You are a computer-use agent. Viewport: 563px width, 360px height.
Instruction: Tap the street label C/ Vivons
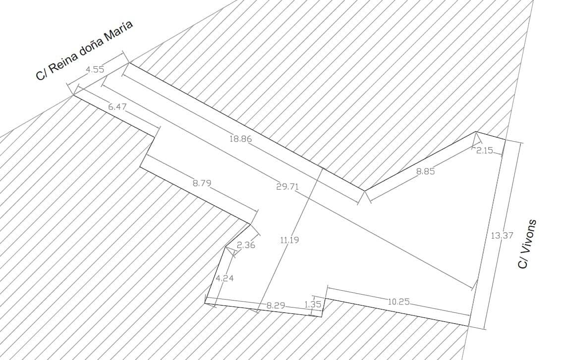[x=527, y=244]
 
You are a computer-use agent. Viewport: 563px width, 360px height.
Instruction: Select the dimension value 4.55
[x=95, y=69]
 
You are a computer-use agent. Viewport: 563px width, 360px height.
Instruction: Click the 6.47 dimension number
[x=117, y=106]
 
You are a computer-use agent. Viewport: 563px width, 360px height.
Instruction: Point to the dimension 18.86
[x=240, y=139]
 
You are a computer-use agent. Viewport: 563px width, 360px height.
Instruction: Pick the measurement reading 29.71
[x=287, y=187]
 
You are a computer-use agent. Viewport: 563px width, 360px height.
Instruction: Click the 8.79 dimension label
[x=202, y=183]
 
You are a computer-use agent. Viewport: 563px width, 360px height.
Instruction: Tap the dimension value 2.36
[x=246, y=246]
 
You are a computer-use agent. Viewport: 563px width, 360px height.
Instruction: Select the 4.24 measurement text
[x=225, y=278]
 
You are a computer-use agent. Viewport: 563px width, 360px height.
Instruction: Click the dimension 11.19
[x=289, y=240]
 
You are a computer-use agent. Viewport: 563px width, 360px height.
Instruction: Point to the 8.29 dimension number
[x=276, y=306]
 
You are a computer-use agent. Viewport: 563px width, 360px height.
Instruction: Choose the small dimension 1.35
[x=312, y=305]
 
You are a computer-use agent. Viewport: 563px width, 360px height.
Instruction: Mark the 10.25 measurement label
[x=398, y=302]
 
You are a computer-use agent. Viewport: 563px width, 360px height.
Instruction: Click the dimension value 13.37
[x=502, y=235]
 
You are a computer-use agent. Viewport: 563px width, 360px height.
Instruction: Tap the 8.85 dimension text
[x=426, y=171]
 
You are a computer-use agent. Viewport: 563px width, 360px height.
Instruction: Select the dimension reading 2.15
[x=484, y=151]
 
